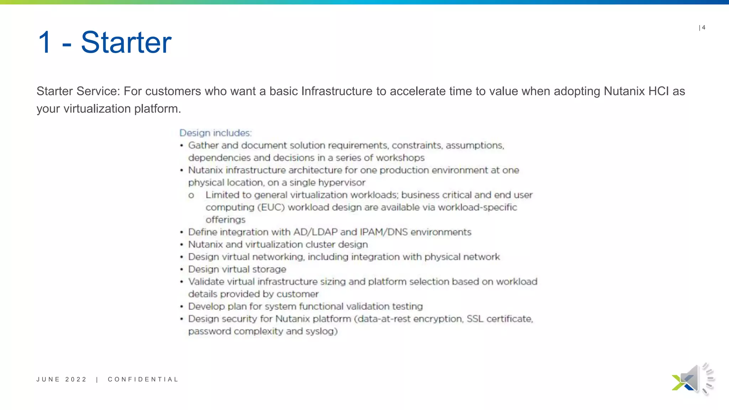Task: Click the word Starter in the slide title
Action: pyautogui.click(x=126, y=42)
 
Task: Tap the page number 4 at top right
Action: pyautogui.click(x=703, y=27)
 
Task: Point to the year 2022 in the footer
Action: pyautogui.click(x=76, y=379)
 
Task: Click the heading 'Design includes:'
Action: pyautogui.click(x=215, y=133)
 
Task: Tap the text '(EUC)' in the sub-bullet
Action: pyautogui.click(x=271, y=207)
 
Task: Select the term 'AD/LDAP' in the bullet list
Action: pyautogui.click(x=315, y=232)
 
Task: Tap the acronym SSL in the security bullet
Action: pyautogui.click(x=475, y=319)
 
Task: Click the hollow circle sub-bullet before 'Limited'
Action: pyautogui.click(x=191, y=195)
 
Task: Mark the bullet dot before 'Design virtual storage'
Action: pyautogui.click(x=182, y=269)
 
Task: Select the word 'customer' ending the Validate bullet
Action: pyautogui.click(x=297, y=294)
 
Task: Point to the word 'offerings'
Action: pyautogui.click(x=225, y=220)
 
